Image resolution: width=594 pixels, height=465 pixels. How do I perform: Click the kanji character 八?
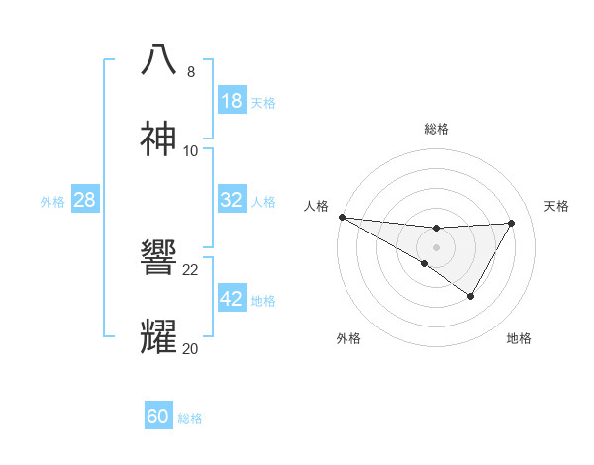pyautogui.click(x=159, y=59)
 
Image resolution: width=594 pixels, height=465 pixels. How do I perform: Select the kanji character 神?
pyautogui.click(x=159, y=139)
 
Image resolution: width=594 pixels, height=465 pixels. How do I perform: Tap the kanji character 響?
pyautogui.click(x=159, y=258)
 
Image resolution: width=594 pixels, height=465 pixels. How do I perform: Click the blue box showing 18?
pyautogui.click(x=232, y=100)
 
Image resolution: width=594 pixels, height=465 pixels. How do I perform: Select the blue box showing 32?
pyautogui.click(x=232, y=200)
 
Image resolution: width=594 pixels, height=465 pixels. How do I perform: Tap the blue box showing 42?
pyautogui.click(x=232, y=299)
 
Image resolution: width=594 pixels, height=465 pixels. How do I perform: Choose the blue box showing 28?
pyautogui.click(x=85, y=200)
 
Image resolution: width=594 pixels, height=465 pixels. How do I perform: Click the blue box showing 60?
pyautogui.click(x=158, y=417)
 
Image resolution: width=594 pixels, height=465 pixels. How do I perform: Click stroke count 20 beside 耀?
pyautogui.click(x=191, y=348)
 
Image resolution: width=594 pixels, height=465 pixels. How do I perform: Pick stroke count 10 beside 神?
pyautogui.click(x=191, y=150)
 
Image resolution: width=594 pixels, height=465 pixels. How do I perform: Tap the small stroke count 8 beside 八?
pyautogui.click(x=191, y=72)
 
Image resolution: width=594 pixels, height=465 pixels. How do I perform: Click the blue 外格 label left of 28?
pyautogui.click(x=52, y=202)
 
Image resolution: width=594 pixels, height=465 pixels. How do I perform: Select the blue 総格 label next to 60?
pyautogui.click(x=190, y=418)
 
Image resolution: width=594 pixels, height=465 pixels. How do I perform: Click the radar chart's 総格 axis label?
pyautogui.click(x=437, y=129)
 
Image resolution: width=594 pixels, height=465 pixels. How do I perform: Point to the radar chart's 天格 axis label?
pyautogui.click(x=557, y=206)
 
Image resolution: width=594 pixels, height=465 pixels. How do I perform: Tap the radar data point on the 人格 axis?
pyautogui.click(x=342, y=216)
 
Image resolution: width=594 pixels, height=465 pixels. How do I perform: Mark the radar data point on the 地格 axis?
pyautogui.click(x=471, y=296)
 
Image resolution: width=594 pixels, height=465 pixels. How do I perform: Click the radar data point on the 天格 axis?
pyautogui.click(x=512, y=223)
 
